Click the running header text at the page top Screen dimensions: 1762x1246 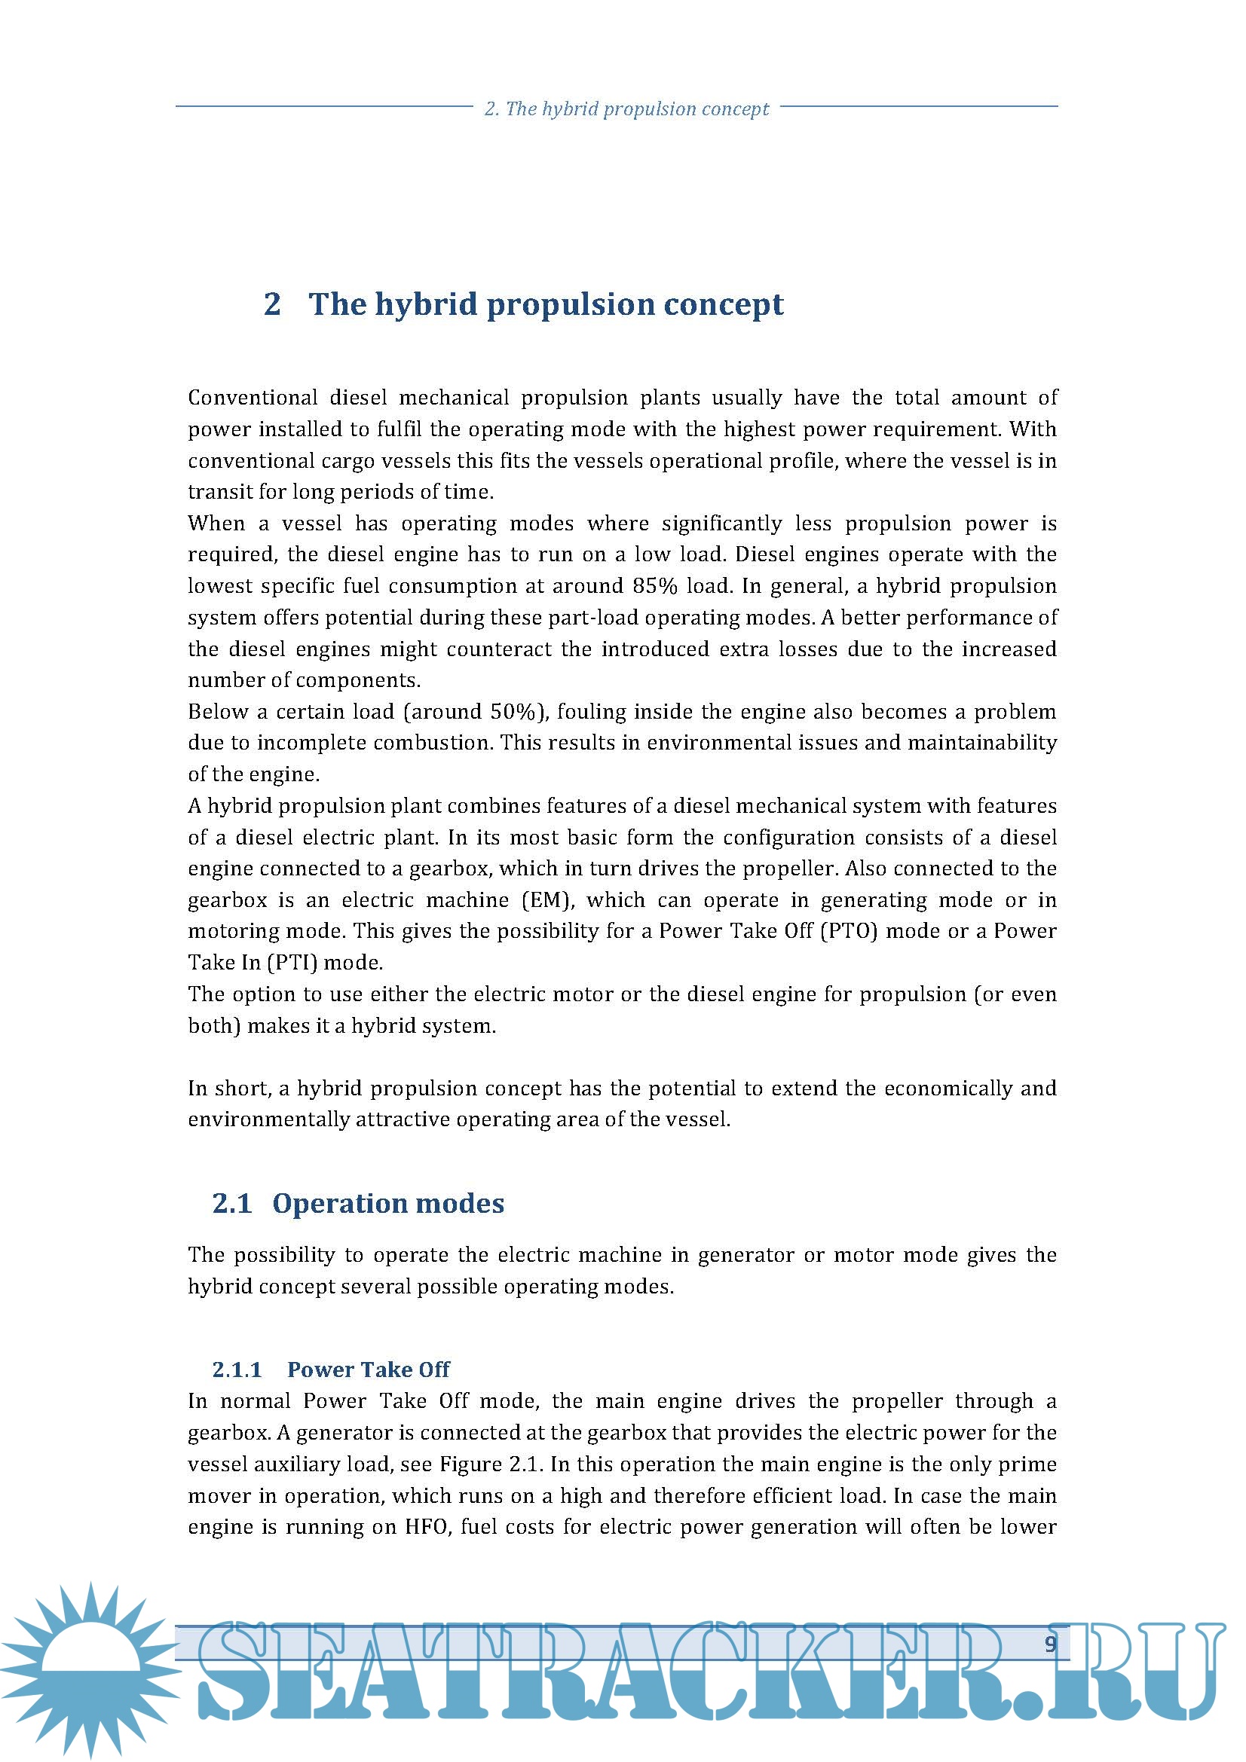coord(626,109)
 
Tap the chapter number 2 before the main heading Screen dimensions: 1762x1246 coord(272,304)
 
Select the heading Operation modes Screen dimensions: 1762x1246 coord(387,1203)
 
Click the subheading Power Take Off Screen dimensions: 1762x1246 coord(369,1369)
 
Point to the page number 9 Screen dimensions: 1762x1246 coord(1050,1643)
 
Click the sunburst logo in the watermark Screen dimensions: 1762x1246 coord(90,1669)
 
